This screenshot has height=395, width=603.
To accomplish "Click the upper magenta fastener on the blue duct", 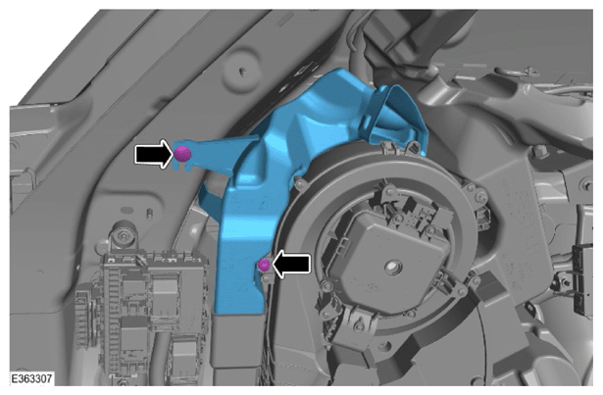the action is click(182, 154).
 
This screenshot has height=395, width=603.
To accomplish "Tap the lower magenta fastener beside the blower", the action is click(264, 265).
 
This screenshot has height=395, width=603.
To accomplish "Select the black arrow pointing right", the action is click(153, 154).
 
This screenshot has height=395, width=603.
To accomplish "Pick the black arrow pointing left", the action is click(291, 264).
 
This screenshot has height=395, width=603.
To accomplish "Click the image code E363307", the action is click(31, 378).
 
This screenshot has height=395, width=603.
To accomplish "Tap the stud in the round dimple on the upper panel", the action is click(242, 72).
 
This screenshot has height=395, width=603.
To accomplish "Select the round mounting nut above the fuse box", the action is click(123, 235).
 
